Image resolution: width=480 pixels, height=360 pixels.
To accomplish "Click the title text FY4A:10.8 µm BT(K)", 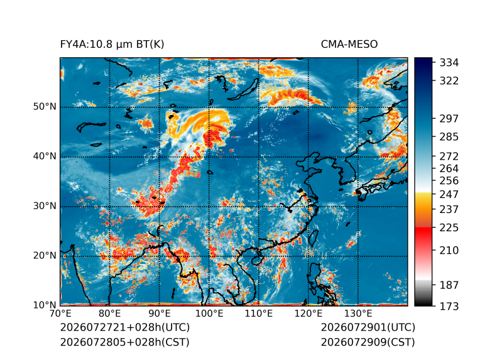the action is pos(112,45).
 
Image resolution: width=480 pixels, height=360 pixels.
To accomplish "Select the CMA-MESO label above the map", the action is pos(349,45).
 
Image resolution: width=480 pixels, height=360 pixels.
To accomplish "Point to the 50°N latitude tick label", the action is pos(45,107).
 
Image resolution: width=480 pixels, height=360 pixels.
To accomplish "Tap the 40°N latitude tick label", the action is pos(45,156).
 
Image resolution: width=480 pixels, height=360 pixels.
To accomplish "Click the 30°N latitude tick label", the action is pos(45,206).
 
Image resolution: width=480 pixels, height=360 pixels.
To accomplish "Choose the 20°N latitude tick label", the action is pos(45,256).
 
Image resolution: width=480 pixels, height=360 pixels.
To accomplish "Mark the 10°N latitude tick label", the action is pos(45,305).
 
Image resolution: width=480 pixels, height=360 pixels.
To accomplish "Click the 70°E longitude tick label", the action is pos(60,314).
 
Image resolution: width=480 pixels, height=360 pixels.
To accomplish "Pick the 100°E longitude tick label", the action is pos(209,314).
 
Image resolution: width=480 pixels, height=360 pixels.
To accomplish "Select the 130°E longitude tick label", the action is pos(358,314).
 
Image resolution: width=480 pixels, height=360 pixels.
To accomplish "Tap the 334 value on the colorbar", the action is pos(449,63).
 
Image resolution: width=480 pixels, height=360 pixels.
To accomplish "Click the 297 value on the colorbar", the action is pos(449,119).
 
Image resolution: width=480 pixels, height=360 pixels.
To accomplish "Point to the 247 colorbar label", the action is pos(449,194).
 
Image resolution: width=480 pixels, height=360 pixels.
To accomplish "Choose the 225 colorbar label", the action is pos(449,228).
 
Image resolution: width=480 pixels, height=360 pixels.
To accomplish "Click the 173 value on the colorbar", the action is pos(449,306).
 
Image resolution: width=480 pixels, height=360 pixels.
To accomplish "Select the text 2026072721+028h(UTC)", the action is pos(125,327).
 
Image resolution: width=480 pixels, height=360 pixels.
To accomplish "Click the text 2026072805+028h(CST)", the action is pos(125,342).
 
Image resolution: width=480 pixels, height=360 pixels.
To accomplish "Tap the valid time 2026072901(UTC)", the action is pos(368,327).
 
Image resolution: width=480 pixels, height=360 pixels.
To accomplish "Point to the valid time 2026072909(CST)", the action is pos(368,342).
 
